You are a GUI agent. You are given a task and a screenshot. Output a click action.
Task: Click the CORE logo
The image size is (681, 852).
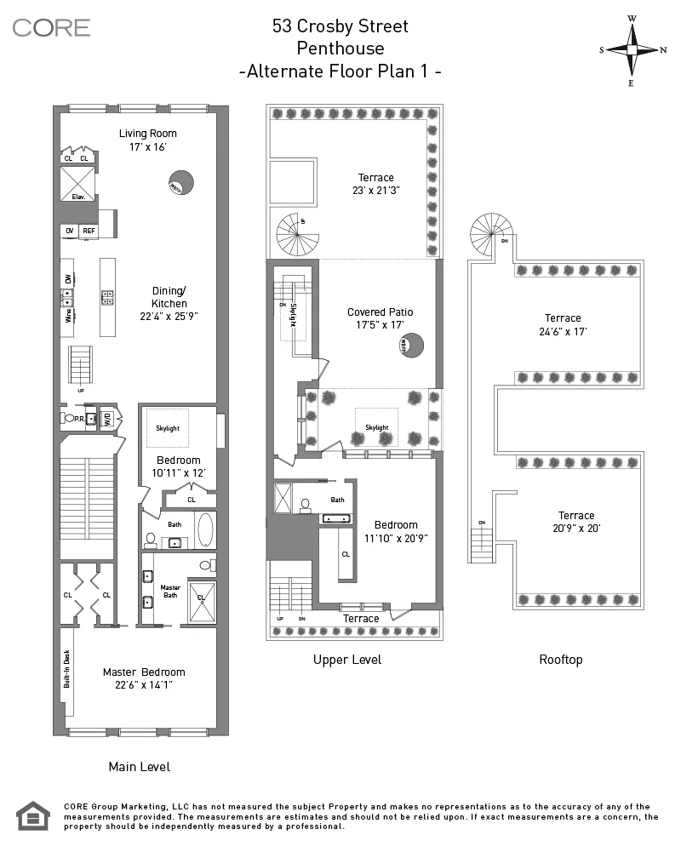51,27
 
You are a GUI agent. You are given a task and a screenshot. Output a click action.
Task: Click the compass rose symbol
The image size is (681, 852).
633,49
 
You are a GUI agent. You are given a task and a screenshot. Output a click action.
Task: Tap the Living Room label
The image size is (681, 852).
147,133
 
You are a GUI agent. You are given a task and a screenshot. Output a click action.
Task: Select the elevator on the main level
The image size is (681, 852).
77,183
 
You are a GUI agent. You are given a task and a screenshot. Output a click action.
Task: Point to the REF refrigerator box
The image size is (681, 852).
89,231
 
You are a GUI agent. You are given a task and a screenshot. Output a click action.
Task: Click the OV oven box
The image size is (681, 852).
69,231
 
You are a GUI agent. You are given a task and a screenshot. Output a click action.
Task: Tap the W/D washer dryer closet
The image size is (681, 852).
106,419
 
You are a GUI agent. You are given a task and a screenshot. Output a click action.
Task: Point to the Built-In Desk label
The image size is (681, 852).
66,668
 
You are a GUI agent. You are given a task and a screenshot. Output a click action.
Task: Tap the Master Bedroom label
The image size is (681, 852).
144,672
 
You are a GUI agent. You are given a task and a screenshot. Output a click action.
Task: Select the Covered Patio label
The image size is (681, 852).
380,312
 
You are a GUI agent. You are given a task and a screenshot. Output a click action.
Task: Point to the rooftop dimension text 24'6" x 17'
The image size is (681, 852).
563,333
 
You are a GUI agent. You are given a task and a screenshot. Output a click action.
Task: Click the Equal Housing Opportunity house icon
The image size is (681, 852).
33,816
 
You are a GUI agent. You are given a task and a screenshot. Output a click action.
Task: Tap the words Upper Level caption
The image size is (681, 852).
346,660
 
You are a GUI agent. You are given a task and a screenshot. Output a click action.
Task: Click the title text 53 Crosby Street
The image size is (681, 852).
340,26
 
